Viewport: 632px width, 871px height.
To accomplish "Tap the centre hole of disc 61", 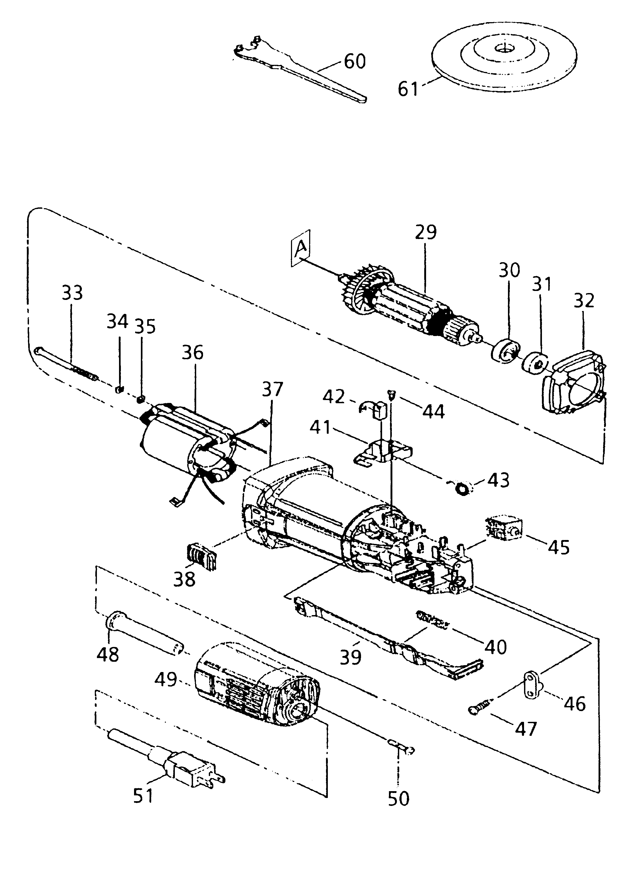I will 502,48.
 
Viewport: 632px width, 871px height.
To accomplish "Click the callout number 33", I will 72,293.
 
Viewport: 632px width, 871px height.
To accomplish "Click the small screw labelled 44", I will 390,393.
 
